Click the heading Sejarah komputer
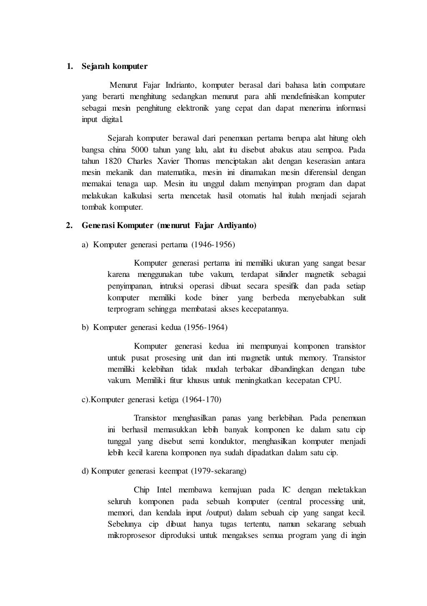[114, 66]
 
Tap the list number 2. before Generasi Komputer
[69, 226]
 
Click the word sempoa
[330, 150]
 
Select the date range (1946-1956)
[213, 245]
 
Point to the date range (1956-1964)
[206, 327]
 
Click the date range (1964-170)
[202, 400]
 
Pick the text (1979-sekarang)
[219, 471]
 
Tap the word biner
[220, 298]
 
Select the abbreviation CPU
[332, 380]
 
